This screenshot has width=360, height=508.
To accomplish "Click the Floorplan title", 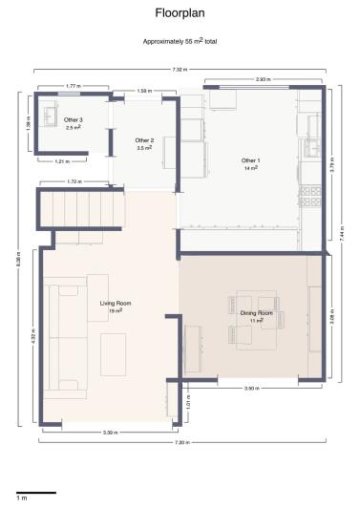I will click(x=180, y=14).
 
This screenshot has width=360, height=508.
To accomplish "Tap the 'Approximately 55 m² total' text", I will click(x=180, y=43).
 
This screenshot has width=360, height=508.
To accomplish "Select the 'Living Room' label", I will click(x=116, y=305).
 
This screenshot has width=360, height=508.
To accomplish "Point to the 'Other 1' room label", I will click(x=250, y=161).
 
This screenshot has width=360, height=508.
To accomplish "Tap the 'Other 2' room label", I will click(x=145, y=142).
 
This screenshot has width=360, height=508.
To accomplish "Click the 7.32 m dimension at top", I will click(x=180, y=70).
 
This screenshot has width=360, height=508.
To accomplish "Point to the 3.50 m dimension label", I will click(x=251, y=389).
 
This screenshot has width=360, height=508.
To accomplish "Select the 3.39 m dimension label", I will click(x=110, y=433).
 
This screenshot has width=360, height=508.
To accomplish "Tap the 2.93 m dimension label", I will click(x=262, y=79).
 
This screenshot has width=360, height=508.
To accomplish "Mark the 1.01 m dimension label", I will click(x=188, y=404).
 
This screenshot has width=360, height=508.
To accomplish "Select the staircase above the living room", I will click(x=81, y=208).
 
